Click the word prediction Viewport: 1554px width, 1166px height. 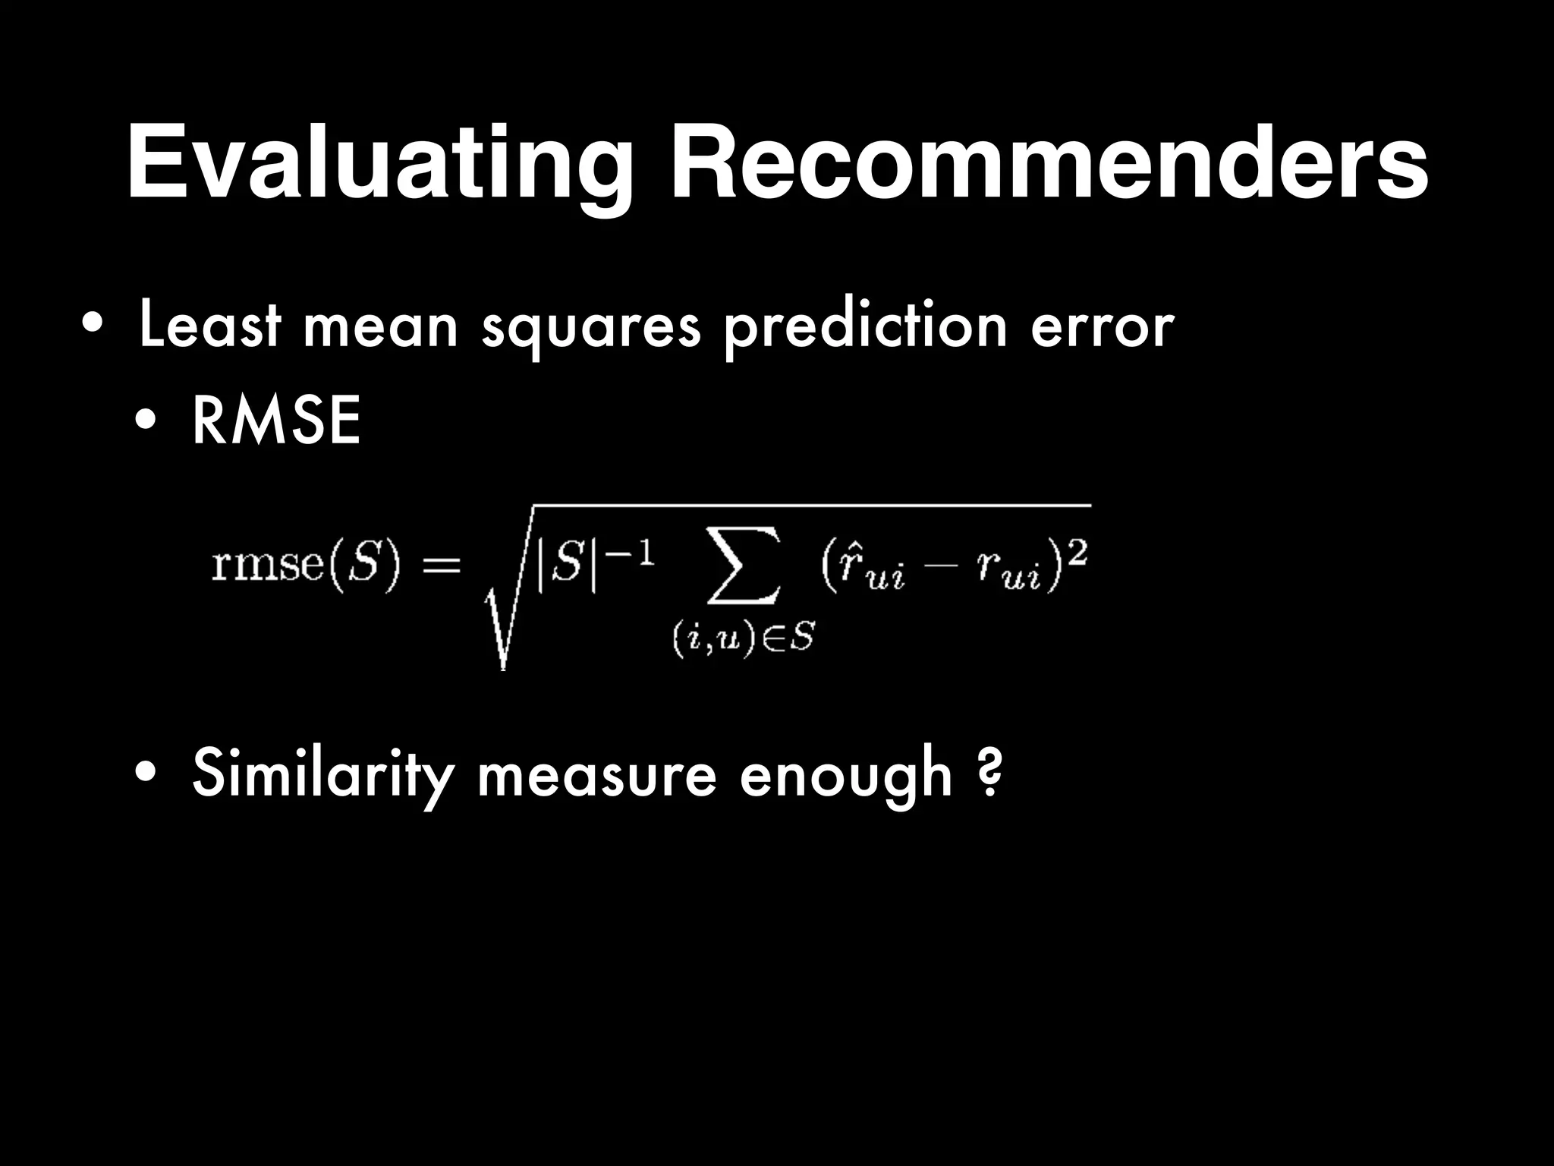tap(865, 326)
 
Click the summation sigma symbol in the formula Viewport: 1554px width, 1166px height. tap(743, 574)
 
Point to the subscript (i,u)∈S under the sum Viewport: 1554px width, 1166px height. tap(743, 639)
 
